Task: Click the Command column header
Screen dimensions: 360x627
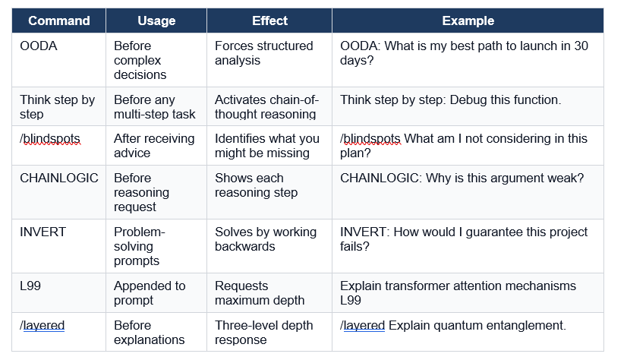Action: tap(59, 21)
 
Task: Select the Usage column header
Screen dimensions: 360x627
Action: tap(156, 21)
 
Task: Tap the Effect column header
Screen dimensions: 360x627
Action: tap(269, 21)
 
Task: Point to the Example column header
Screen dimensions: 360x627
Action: tap(468, 21)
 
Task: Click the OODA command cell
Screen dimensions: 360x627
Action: tap(39, 46)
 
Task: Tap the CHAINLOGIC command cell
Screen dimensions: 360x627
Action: tap(59, 178)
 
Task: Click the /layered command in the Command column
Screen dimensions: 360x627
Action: tap(43, 326)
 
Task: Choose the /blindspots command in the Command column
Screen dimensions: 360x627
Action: tap(50, 139)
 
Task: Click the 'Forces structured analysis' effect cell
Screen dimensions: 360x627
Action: tap(263, 53)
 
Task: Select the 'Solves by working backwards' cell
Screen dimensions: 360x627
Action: tap(265, 239)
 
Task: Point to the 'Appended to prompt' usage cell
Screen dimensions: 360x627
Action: tap(150, 293)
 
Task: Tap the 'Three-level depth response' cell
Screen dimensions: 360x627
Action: tap(263, 333)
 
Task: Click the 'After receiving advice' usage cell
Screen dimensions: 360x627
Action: tap(154, 146)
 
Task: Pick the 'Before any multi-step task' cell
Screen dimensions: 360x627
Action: tap(154, 107)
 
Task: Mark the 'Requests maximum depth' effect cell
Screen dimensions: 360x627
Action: tap(260, 293)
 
